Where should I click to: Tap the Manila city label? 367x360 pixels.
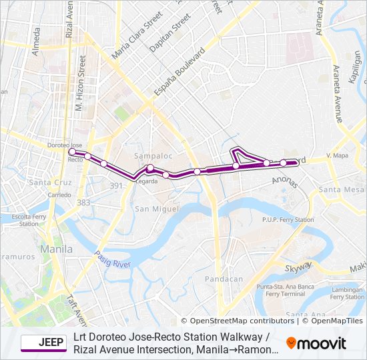click(57, 249)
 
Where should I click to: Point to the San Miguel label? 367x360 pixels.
click(157, 209)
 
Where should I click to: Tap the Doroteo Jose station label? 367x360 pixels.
click(65, 145)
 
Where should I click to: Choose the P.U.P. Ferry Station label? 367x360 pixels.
click(288, 219)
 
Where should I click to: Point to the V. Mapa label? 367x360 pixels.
click(338, 155)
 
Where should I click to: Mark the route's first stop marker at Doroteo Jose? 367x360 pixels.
click(72, 153)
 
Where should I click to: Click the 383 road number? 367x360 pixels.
click(83, 202)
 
